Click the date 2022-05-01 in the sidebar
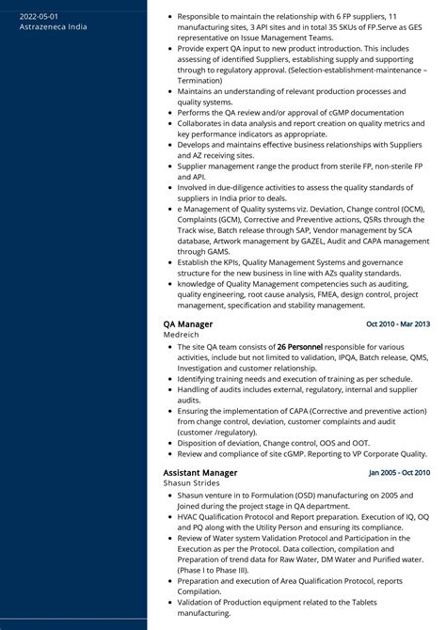tap(39, 17)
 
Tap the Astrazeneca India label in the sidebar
tap(54, 26)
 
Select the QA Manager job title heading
tap(187, 323)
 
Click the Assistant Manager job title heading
tap(199, 472)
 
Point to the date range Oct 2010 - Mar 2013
tap(398, 323)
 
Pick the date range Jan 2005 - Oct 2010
tap(399, 472)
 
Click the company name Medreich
tap(182, 334)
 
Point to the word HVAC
tap(188, 516)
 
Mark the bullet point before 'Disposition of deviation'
tap(169, 443)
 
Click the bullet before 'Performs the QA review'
tap(169, 112)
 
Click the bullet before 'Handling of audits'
tap(169, 389)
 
